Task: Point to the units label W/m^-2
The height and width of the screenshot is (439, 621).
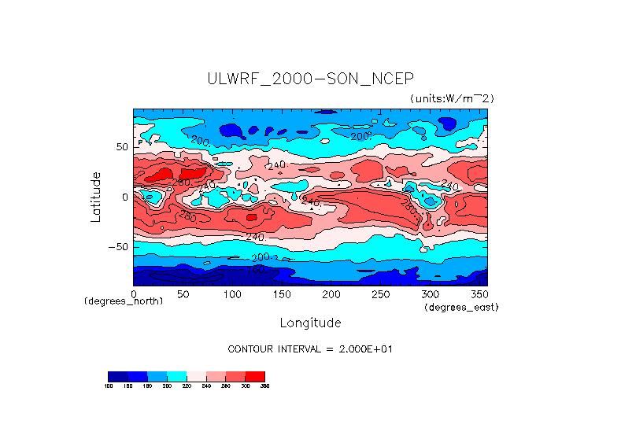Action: coord(452,98)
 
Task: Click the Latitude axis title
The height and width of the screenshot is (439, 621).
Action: coord(96,197)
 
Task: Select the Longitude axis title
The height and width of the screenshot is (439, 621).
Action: coord(310,323)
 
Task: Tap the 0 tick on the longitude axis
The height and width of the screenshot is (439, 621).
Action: coord(134,293)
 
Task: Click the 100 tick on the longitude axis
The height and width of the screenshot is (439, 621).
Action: coord(232,293)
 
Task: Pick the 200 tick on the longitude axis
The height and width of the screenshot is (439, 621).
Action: coord(331,293)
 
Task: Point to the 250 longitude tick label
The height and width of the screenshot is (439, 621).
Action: coord(380,293)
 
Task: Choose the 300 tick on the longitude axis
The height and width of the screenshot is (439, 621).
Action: coord(429,293)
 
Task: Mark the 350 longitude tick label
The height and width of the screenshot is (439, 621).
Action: coord(478,293)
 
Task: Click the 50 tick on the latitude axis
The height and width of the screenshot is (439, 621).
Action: coord(121,147)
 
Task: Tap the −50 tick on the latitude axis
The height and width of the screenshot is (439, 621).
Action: coord(118,246)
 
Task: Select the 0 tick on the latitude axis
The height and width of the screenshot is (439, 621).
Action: coord(124,197)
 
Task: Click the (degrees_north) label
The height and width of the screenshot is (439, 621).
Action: coord(124,301)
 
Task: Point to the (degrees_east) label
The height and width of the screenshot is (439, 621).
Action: coord(461,307)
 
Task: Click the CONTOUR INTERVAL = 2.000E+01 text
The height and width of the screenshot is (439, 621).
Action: coord(310,349)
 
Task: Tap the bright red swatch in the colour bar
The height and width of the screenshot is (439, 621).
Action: coord(255,376)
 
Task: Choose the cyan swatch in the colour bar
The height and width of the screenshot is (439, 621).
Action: coord(176,376)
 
